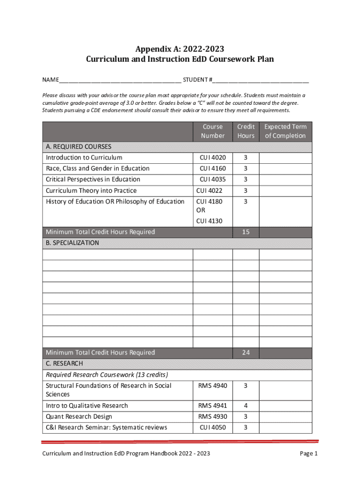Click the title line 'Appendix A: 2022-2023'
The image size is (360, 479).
tap(180, 49)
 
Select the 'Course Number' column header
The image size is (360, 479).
tap(213, 131)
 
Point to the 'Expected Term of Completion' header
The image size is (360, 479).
tap(285, 131)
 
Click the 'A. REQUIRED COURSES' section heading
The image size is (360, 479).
tap(79, 146)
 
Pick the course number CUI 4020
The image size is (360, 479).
tap(213, 158)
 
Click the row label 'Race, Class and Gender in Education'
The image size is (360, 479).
tap(98, 168)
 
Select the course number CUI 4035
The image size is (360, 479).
tap(213, 180)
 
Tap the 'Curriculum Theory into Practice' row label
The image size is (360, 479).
tap(91, 191)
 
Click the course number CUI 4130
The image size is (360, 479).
tap(209, 221)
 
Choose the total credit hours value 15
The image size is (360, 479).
tap(245, 232)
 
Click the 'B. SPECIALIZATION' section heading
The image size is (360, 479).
tap(72, 243)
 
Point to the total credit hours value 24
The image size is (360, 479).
tap(245, 353)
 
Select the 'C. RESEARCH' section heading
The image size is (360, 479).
tap(65, 363)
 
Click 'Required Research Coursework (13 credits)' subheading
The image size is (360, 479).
tap(107, 375)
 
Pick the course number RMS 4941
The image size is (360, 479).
tap(213, 406)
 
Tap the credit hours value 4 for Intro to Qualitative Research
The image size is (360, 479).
tap(245, 406)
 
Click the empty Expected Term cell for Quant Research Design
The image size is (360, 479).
tap(285, 416)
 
